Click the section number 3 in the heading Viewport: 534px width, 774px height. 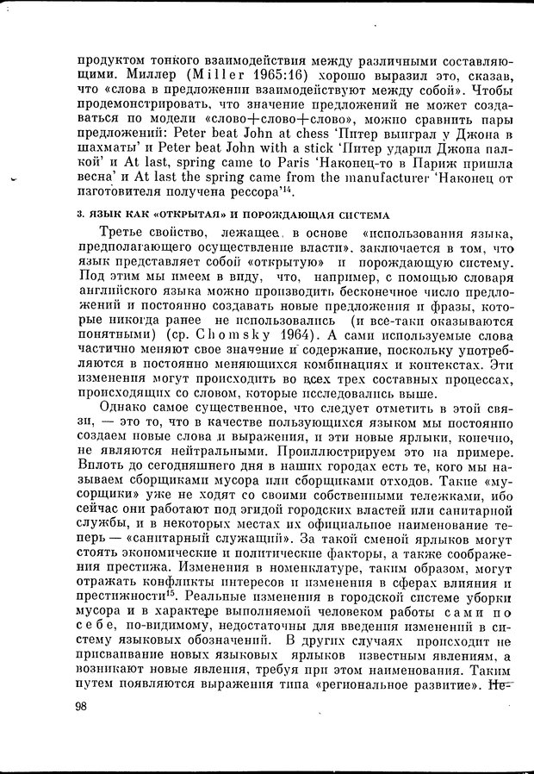coord(80,215)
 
